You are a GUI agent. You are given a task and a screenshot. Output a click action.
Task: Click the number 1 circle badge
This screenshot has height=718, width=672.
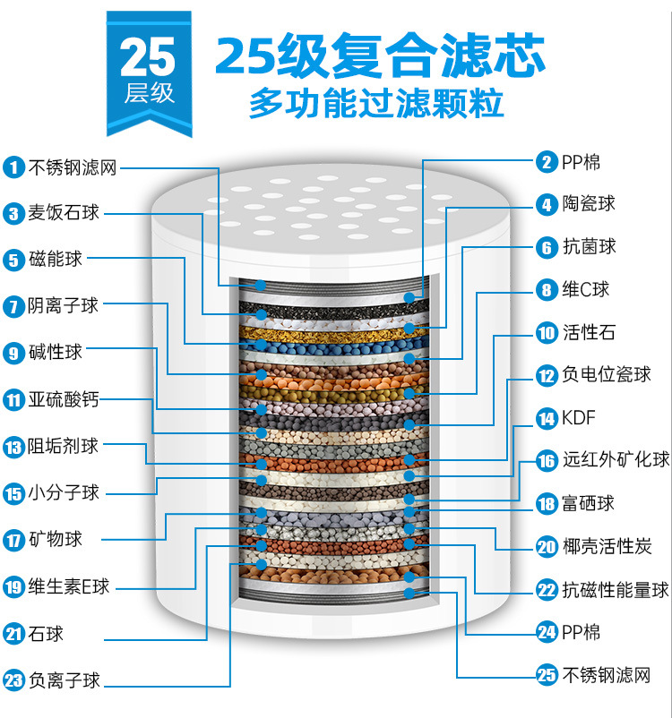point(13,167)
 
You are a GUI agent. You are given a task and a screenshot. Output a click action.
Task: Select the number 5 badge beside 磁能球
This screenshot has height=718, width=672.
point(13,260)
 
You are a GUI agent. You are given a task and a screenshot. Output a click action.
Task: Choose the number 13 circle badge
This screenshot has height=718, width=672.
point(13,446)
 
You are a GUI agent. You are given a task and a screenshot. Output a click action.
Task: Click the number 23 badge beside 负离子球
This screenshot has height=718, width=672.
point(13,680)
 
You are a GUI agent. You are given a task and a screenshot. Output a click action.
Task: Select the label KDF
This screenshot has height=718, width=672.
point(579,418)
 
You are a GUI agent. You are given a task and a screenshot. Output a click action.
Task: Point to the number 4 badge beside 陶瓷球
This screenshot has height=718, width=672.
point(547,204)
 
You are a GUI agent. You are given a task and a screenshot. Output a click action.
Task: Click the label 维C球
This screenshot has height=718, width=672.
point(586,290)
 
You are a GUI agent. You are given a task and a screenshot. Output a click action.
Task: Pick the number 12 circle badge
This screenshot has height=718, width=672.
point(547,375)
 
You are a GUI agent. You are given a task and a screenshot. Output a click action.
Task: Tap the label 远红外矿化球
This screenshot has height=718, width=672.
point(616,461)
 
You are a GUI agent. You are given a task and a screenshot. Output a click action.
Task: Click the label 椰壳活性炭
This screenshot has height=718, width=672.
point(607,546)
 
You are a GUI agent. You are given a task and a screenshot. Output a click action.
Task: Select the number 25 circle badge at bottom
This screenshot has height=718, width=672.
point(547,675)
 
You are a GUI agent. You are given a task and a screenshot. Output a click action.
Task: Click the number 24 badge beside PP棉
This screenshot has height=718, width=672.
point(547,633)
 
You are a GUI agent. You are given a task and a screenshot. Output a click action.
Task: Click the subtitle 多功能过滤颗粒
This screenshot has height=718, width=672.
point(376,104)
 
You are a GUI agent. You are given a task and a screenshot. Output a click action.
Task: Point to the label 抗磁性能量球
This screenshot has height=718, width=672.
point(616,590)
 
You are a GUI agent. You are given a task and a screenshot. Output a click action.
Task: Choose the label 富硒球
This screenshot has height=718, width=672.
point(589,504)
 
